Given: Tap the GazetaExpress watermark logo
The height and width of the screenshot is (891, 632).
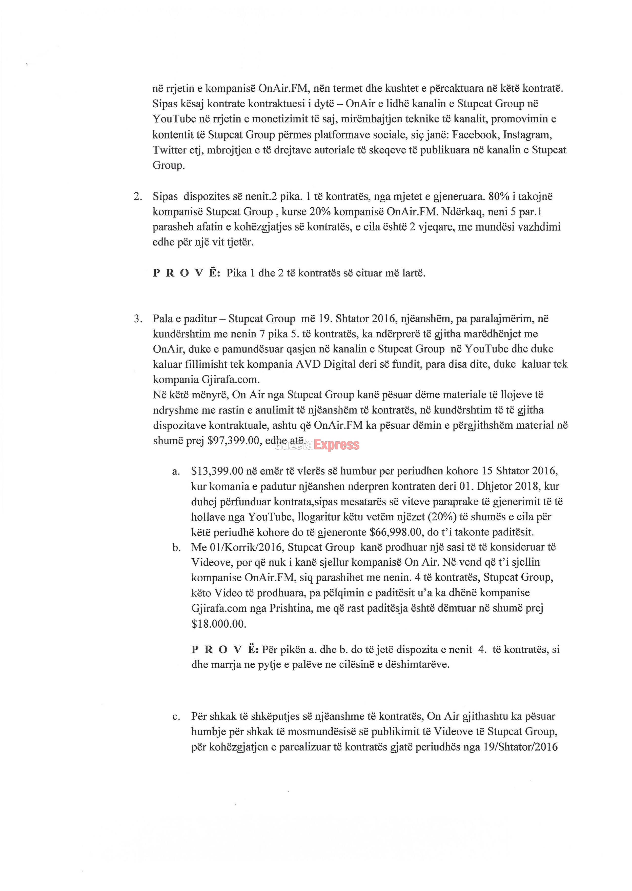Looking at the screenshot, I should click(x=317, y=445).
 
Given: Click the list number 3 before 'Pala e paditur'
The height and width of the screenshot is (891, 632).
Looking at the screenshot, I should click(x=137, y=319).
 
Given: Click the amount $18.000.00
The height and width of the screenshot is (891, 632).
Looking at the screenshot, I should click(x=219, y=624).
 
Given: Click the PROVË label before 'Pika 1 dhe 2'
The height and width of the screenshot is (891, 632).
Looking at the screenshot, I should click(x=186, y=273).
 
